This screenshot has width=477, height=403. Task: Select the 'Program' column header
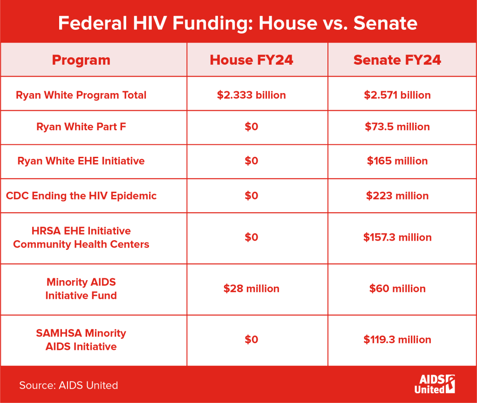81,60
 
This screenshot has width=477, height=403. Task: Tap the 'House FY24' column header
252,60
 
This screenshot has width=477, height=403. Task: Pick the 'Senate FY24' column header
397,60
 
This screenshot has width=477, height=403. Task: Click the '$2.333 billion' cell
252,95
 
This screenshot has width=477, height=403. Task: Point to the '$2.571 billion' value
397,95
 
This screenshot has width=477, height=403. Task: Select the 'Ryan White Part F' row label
81,127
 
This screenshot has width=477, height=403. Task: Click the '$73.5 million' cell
397,127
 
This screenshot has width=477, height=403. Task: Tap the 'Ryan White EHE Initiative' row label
81,161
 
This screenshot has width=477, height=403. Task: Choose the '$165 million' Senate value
397,161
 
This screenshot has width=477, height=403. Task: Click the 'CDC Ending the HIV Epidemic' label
81,195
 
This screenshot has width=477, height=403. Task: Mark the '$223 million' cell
397,195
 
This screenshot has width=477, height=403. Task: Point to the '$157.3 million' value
397,237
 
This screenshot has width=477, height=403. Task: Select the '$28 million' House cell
252,289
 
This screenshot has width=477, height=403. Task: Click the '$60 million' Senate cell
397,289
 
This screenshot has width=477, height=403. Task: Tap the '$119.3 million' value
397,340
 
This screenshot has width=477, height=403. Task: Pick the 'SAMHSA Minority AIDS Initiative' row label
81,340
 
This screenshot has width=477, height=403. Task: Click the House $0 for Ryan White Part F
252,127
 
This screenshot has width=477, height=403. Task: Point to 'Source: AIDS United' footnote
68,385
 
